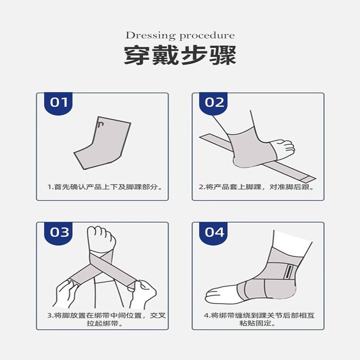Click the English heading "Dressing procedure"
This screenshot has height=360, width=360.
180,36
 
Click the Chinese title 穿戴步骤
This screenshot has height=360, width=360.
180,57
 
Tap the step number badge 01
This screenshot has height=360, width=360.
58,102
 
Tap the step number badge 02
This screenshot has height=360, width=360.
214,102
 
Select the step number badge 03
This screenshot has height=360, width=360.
58,232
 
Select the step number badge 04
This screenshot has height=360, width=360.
214,232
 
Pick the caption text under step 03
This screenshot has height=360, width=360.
106,319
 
